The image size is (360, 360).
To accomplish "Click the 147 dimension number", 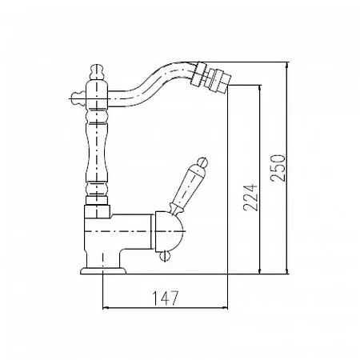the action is pyautogui.click(x=165, y=298).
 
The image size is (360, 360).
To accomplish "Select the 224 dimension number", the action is pyautogui.click(x=250, y=198).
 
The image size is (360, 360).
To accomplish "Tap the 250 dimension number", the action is pyautogui.click(x=278, y=168).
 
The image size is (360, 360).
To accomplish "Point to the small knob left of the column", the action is pyautogui.click(x=78, y=98).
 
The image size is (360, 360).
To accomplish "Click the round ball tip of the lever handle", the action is pyautogui.click(x=202, y=162).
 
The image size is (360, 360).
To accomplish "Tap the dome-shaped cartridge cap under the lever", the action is pyautogui.click(x=170, y=231).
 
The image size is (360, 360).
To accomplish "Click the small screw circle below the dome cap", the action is pyautogui.click(x=164, y=256).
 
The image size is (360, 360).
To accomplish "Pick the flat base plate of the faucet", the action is pyautogui.click(x=103, y=270).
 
